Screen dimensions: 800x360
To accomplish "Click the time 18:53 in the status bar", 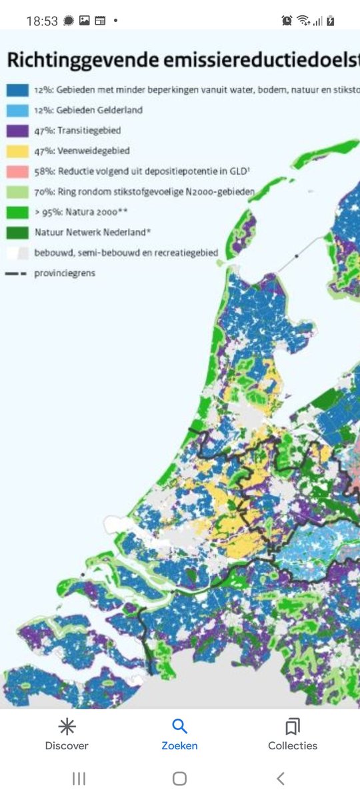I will coord(42,21).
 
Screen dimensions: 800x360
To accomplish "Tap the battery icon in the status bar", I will coord(331,21).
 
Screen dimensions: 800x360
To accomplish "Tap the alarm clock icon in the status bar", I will coord(287,21).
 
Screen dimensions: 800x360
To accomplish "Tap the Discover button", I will coord(67,735).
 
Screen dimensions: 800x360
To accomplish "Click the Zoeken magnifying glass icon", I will coord(179,727).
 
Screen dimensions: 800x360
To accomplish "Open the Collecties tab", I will coord(292,735).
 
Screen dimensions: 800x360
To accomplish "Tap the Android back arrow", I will coord(281,778).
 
